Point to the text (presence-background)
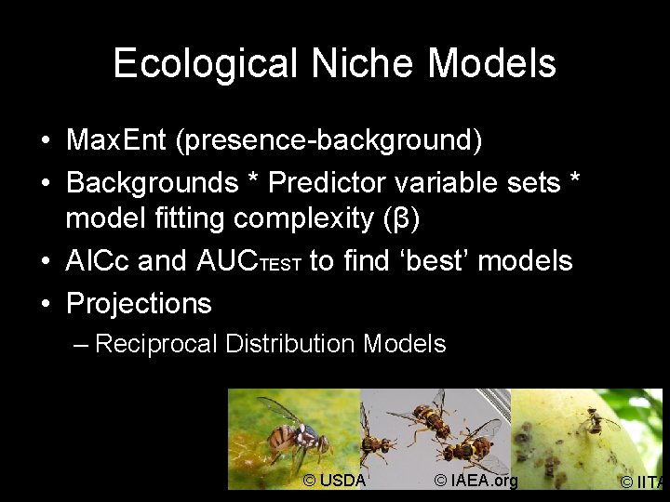[331, 140]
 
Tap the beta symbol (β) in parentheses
[402, 219]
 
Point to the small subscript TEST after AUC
[279, 265]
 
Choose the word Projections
[139, 303]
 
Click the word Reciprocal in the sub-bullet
[156, 344]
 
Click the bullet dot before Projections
[46, 303]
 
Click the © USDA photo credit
[335, 480]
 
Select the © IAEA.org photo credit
[476, 480]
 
